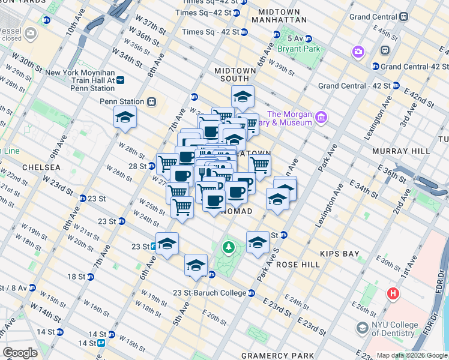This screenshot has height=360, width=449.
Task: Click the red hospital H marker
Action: click(393, 294)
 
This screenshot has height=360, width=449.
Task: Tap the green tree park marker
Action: click(228, 247)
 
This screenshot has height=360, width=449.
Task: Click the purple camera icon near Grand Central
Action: click(359, 52)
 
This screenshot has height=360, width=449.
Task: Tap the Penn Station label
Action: click(122, 101)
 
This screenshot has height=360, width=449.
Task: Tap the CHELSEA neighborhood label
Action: click(41, 167)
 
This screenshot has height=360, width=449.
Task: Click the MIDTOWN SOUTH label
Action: click(240, 74)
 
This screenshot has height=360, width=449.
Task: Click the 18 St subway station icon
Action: click(91, 277)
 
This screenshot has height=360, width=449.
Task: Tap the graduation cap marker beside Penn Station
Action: click(125, 118)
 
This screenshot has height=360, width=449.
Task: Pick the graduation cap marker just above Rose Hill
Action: click(258, 242)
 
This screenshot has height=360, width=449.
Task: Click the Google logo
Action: click(20, 353)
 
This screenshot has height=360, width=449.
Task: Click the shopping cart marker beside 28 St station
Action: click(167, 163)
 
